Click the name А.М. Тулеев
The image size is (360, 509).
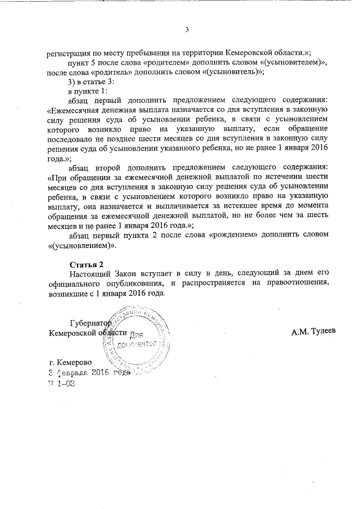pyautogui.click(x=313, y=332)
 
